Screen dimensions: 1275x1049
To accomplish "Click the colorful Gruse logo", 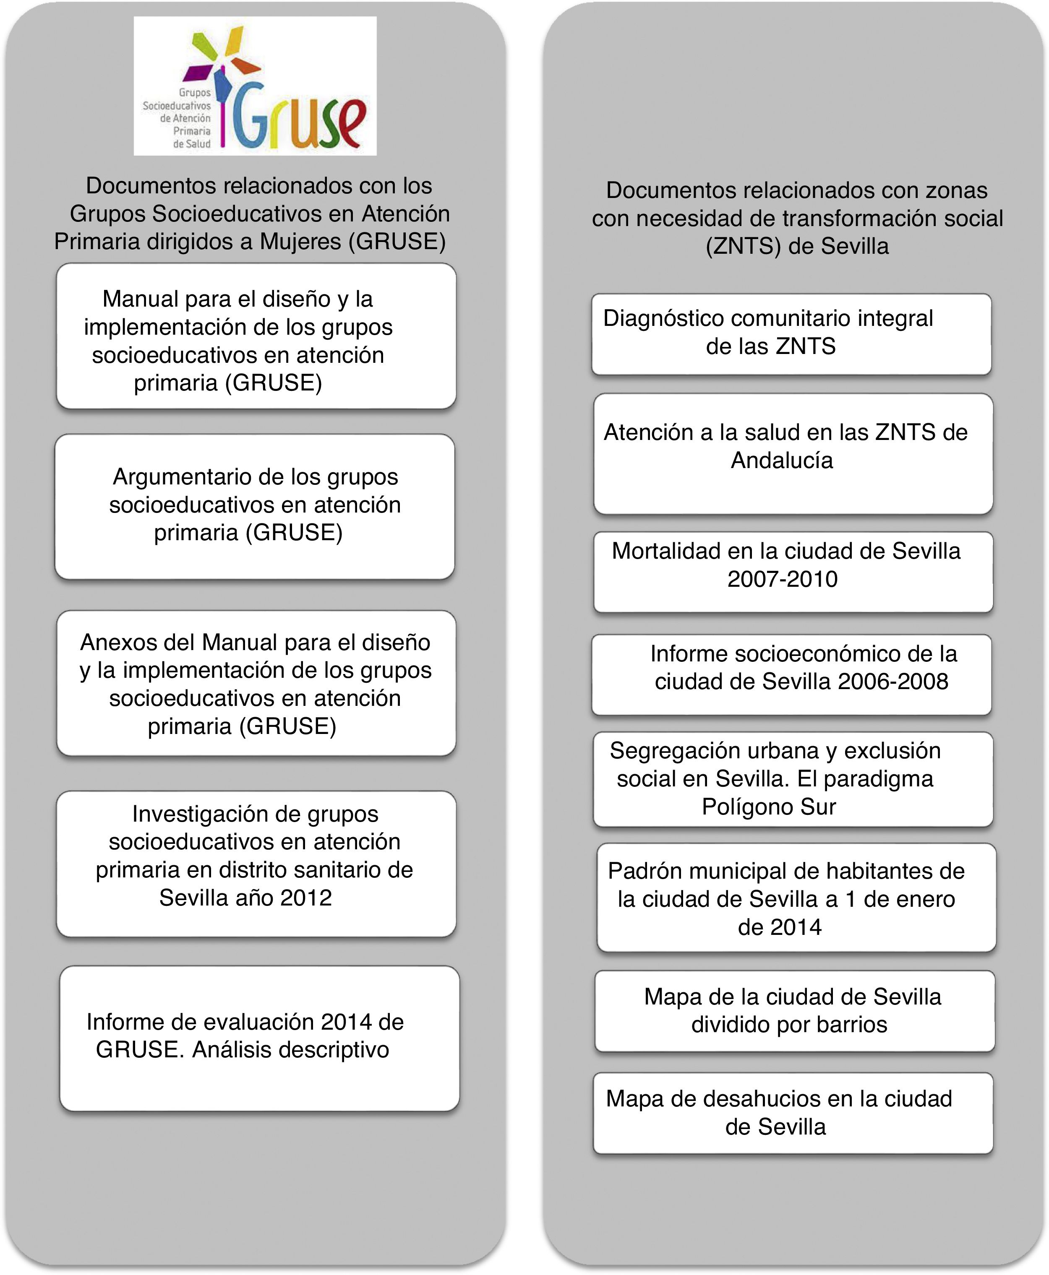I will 255,86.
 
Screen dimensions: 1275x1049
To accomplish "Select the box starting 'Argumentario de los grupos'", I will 254,506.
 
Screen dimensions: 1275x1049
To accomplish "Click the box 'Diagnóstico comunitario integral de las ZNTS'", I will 791,334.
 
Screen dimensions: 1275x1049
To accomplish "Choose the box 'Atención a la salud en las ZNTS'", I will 793,453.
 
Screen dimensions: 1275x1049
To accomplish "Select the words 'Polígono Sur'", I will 769,807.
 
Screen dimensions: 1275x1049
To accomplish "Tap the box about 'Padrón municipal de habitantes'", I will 796,898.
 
